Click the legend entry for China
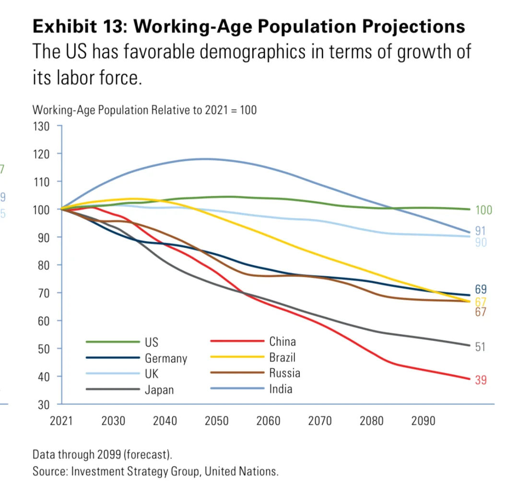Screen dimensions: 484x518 282,342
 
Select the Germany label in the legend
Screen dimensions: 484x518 165,358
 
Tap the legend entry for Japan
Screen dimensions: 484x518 159,390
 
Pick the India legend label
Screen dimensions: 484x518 280,389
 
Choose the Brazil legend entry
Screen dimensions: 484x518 282,357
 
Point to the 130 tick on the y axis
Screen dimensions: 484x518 42,126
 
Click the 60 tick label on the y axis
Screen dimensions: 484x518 44,320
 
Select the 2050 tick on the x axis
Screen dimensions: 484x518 216,421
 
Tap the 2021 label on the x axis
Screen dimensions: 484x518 61,421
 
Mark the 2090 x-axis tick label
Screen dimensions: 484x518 423,421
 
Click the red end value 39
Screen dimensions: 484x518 481,380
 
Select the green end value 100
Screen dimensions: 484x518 483,210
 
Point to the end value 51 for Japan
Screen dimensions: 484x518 480,346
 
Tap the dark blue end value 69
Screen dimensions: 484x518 481,289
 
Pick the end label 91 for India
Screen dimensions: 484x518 481,231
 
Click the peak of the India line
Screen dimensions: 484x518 206,159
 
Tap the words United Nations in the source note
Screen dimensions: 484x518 241,471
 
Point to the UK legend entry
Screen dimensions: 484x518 152,374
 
